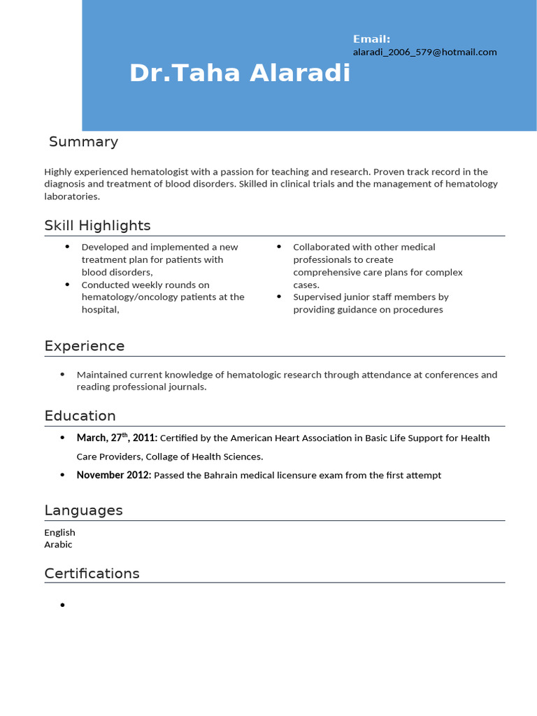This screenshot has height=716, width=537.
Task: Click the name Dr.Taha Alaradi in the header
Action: tap(240, 73)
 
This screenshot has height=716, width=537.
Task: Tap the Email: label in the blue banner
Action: tap(371, 39)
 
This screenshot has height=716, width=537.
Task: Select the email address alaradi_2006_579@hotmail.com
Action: tap(424, 52)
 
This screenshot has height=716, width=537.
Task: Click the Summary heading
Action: tap(83, 142)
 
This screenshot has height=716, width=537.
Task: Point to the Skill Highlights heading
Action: tap(97, 225)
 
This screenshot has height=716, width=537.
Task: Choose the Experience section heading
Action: tap(85, 346)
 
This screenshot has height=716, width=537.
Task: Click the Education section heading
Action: tap(80, 416)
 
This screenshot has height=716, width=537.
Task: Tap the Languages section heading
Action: tap(83, 510)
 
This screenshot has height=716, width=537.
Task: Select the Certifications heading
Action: tap(92, 573)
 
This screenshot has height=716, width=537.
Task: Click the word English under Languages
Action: tap(59, 532)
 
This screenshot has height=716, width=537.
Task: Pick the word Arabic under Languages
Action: tap(58, 545)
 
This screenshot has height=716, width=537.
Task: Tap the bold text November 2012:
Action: tap(113, 475)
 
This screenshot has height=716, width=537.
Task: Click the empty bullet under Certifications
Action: tap(63, 605)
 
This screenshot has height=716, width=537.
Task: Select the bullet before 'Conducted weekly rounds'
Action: tap(68, 285)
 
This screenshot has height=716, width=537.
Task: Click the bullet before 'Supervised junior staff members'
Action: tap(279, 297)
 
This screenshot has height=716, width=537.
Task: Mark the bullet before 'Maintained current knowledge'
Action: tap(63, 375)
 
